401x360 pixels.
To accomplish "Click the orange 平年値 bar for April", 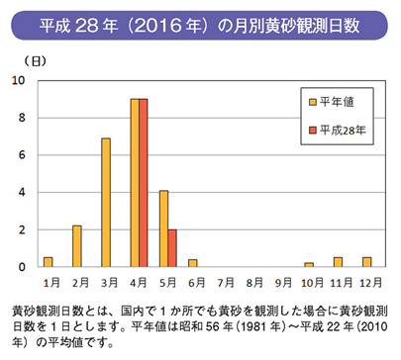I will tap(135, 183).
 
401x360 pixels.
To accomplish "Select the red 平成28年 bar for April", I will tap(144, 183).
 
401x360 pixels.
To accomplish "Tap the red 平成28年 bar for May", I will tap(172, 248).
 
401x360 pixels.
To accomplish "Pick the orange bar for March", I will tap(105, 203).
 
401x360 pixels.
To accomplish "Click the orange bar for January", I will tap(48, 262).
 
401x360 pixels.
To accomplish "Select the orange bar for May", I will tap(163, 228).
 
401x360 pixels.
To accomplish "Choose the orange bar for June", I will tap(192, 263).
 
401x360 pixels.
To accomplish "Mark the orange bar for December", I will tap(365, 262).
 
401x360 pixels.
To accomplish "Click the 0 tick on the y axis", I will tap(23, 267).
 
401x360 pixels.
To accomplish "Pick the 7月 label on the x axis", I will tap(225, 281).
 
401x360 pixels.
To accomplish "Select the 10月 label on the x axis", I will tap(311, 281).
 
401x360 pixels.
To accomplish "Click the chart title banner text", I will tap(200, 22).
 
